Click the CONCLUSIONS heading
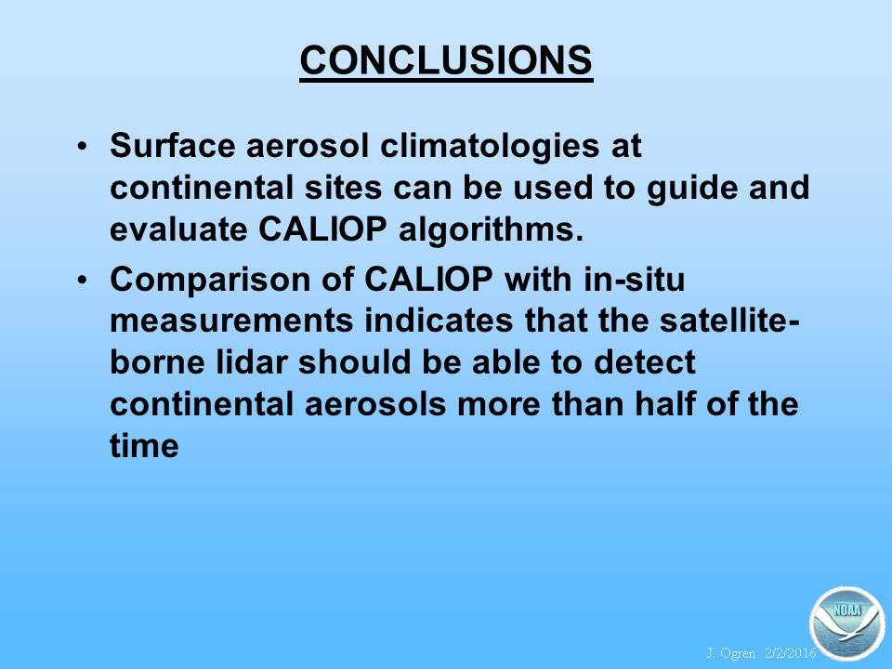[x=446, y=60]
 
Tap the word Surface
[x=172, y=145]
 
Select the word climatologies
[x=490, y=147]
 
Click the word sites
[x=343, y=187]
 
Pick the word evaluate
[x=178, y=230]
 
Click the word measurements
[x=231, y=321]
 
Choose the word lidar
[x=252, y=361]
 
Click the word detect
[x=644, y=361]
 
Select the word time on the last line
[x=144, y=445]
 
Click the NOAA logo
[x=847, y=623]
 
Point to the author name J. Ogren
[x=731, y=653]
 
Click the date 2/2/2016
[x=791, y=652]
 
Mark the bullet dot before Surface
[x=83, y=146]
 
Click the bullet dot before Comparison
[x=83, y=281]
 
